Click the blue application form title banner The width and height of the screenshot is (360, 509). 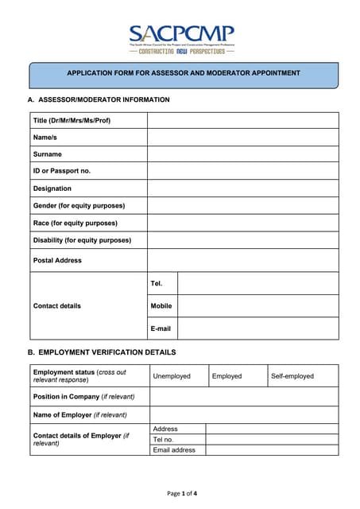point(184,74)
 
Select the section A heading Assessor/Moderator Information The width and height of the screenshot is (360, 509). point(99,99)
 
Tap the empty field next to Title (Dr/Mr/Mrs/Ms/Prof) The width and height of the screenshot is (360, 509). point(242,120)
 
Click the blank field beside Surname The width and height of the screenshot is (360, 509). point(242,154)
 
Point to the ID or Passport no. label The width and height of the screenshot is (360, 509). point(62,171)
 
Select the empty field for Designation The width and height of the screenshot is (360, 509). point(242,188)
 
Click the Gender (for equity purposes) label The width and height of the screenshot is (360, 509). point(79,205)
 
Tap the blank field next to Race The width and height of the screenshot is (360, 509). point(242,223)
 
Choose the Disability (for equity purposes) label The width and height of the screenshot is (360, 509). point(82,239)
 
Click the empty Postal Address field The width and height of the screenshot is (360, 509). point(242,260)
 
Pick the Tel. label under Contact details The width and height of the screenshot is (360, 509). point(157,283)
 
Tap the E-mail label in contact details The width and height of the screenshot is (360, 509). point(160,328)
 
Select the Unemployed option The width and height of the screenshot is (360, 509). point(172,375)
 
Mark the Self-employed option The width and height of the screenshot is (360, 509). point(292,375)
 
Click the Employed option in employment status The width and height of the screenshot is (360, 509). point(226,375)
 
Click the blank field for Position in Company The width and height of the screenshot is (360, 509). point(242,396)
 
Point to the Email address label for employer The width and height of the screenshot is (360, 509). point(173,449)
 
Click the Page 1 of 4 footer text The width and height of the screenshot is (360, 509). point(182,494)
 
